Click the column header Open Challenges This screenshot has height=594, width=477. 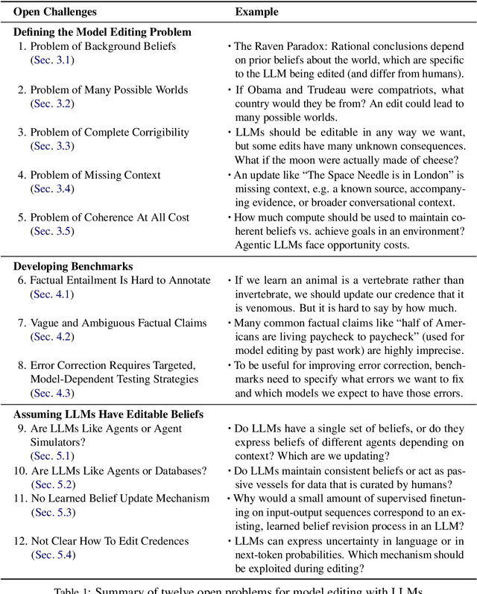pyautogui.click(x=56, y=12)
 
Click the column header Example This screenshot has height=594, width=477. pyautogui.click(x=258, y=12)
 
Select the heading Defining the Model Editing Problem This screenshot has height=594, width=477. pyautogui.click(x=102, y=32)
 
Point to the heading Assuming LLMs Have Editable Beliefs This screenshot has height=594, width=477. pyautogui.click(x=108, y=414)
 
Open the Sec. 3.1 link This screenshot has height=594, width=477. pyautogui.click(x=51, y=60)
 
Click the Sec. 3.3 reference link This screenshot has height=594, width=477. pyautogui.click(x=51, y=146)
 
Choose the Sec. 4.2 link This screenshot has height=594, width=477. pyautogui.click(x=51, y=337)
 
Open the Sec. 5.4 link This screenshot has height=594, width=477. pyautogui.click(x=51, y=555)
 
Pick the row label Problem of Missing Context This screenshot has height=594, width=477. pyautogui.click(x=95, y=175)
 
